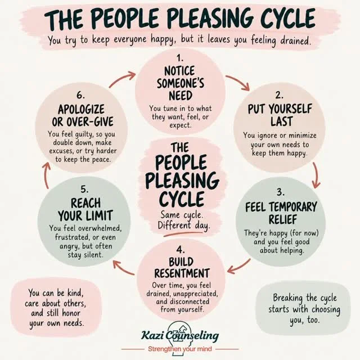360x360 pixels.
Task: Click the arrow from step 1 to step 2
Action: [x=238, y=81]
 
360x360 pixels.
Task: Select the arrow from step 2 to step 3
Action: [x=317, y=175]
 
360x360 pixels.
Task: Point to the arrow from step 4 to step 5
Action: [x=124, y=268]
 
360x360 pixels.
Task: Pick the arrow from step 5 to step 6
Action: [x=46, y=175]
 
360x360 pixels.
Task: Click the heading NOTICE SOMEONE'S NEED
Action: [x=181, y=83]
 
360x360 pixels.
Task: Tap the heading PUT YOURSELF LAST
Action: [x=280, y=115]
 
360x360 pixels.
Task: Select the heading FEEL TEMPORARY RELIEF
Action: [x=281, y=213]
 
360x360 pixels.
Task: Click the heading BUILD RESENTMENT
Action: [x=182, y=268]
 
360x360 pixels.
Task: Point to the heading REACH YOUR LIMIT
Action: [x=85, y=209]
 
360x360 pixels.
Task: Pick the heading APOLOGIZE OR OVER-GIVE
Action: [x=83, y=115]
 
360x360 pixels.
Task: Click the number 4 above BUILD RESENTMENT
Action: [x=181, y=250]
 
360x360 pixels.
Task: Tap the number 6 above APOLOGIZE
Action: [x=80, y=95]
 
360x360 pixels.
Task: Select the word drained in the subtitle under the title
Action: [x=296, y=40]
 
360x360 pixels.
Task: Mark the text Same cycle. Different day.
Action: [x=184, y=220]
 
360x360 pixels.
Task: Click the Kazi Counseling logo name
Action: [x=180, y=336]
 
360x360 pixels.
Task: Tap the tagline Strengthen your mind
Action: [x=180, y=349]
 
